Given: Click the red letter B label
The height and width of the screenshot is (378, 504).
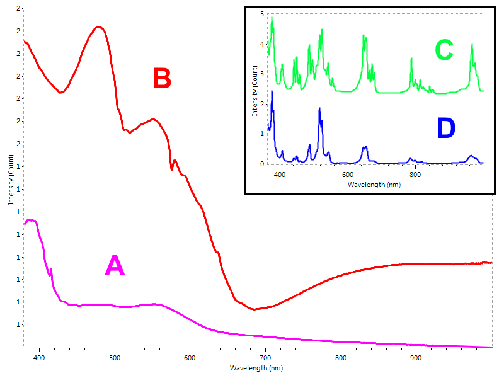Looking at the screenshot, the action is (x=162, y=77).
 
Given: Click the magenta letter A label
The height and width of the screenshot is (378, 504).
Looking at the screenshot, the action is (x=115, y=265).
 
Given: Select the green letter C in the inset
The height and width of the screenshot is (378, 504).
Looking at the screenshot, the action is (x=444, y=50).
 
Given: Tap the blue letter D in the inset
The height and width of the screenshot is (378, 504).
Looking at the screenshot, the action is (x=446, y=128).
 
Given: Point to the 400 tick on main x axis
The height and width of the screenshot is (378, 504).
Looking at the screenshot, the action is (x=40, y=358).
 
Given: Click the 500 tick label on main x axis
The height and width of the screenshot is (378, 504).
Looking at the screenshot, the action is (x=115, y=358).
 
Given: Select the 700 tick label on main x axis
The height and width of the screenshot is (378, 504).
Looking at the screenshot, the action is (x=265, y=358).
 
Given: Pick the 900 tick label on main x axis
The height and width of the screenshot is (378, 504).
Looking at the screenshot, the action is (x=416, y=358).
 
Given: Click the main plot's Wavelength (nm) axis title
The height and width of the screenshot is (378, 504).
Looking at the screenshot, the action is (x=256, y=368).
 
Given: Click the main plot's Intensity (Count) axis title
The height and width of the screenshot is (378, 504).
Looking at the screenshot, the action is (x=11, y=180).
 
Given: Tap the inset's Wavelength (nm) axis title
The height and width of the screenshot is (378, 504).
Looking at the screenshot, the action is (x=374, y=185).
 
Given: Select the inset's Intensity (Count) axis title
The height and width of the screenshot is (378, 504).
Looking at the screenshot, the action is (x=255, y=91).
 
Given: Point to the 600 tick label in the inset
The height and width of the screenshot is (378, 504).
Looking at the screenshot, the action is (x=348, y=175).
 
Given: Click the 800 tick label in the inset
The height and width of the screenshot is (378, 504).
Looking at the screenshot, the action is (x=415, y=175).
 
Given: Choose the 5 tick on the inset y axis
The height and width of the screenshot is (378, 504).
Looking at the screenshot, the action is (x=262, y=14).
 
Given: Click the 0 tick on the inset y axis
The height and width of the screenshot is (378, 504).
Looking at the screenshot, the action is (x=262, y=164).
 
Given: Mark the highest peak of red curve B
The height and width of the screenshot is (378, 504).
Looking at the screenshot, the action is (x=100, y=26).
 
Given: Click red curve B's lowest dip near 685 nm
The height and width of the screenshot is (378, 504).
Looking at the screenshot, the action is (x=254, y=309).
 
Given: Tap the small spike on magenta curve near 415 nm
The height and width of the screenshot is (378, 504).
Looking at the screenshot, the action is (x=51, y=270).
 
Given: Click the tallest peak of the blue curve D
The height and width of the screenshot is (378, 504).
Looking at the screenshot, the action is (x=272, y=91).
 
